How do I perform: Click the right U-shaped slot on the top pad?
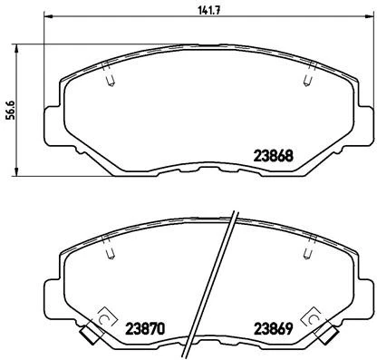pos(311,82)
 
